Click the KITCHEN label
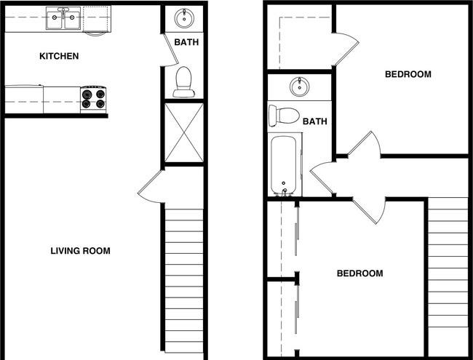tap(59, 56)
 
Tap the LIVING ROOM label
tap(80, 251)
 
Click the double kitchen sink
tap(63, 18)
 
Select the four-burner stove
tap(93, 99)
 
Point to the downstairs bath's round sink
tap(184, 18)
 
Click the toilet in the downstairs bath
tap(183, 81)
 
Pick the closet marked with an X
tap(184, 132)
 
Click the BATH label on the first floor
tap(186, 42)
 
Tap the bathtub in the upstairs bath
tap(285, 165)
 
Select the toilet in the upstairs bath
tap(284, 116)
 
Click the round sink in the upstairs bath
tap(300, 87)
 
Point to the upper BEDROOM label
tap(408, 74)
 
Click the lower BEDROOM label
tap(360, 273)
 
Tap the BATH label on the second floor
tap(315, 121)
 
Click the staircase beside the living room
tap(184, 281)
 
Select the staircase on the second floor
tap(448, 263)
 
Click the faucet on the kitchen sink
tap(63, 12)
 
